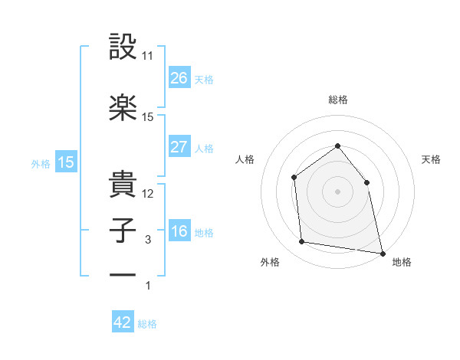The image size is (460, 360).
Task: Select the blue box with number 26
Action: (x=179, y=78)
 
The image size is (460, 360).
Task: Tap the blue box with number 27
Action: (x=179, y=147)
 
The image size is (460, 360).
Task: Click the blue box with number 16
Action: (x=179, y=231)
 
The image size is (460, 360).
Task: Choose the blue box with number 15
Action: (x=65, y=162)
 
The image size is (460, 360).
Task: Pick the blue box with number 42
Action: (x=123, y=322)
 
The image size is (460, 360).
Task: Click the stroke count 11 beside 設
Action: (x=148, y=56)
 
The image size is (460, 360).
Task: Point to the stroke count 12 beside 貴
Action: (x=148, y=193)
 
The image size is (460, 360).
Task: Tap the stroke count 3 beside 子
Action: (x=148, y=239)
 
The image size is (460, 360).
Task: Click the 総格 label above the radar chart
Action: (x=337, y=100)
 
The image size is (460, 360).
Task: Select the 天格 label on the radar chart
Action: (x=431, y=159)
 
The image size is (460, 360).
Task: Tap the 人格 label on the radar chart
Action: (x=245, y=159)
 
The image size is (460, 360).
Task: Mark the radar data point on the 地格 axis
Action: (x=382, y=252)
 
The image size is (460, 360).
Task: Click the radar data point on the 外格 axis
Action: (x=302, y=242)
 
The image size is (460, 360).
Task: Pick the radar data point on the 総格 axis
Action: (x=337, y=146)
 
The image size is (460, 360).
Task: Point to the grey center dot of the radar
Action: (x=337, y=191)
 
